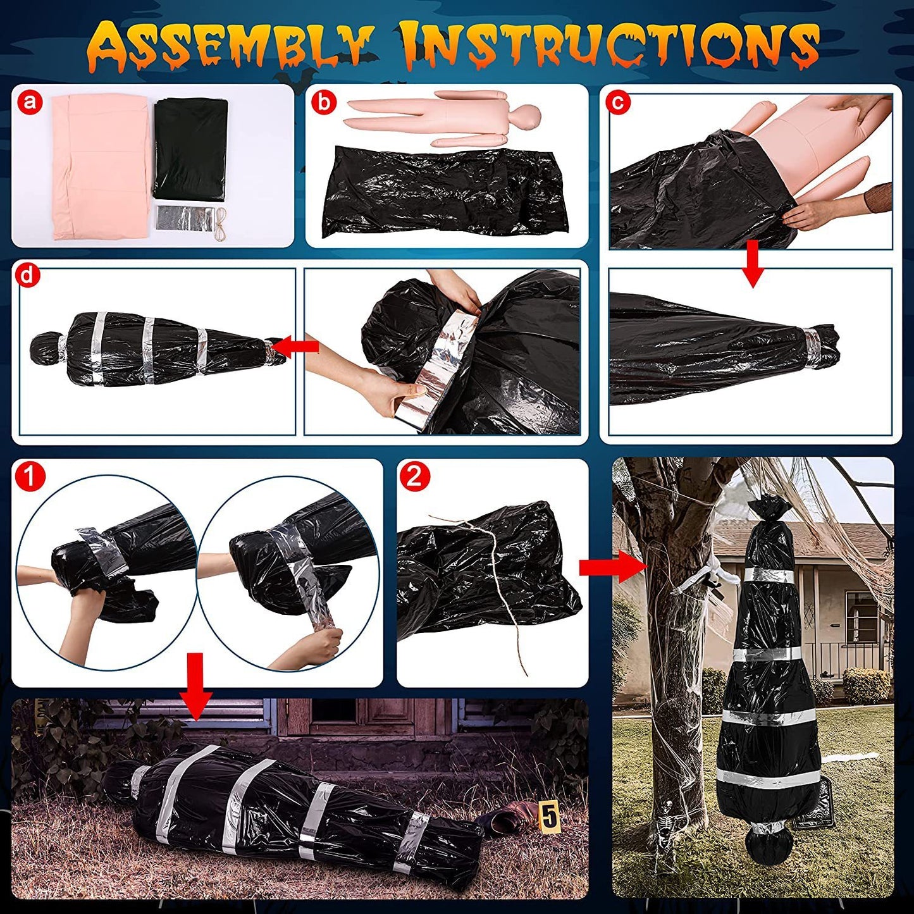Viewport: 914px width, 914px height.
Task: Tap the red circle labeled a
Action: [x=30, y=102]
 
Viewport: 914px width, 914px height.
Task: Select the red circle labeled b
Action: [x=324, y=102]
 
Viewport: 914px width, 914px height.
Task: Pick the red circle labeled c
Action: [x=618, y=102]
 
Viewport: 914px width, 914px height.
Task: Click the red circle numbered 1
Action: [x=30, y=476]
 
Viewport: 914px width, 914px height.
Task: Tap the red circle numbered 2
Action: [x=414, y=476]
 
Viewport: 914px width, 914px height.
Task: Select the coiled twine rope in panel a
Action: [x=220, y=221]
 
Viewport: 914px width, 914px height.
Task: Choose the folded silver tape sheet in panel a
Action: [x=183, y=218]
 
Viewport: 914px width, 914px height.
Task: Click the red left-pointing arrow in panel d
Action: [x=297, y=347]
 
